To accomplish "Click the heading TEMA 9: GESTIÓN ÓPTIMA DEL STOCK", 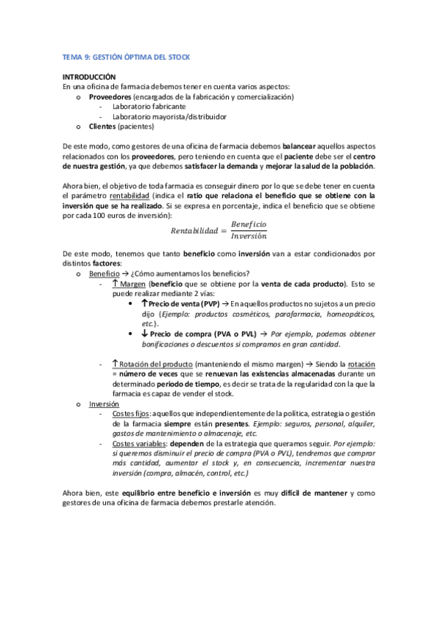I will coord(126,57).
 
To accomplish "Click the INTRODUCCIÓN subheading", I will coord(89,77).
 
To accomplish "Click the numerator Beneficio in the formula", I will coord(249,224).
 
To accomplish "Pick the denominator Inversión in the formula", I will coord(249,237).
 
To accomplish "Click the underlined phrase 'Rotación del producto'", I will coord(156,364).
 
